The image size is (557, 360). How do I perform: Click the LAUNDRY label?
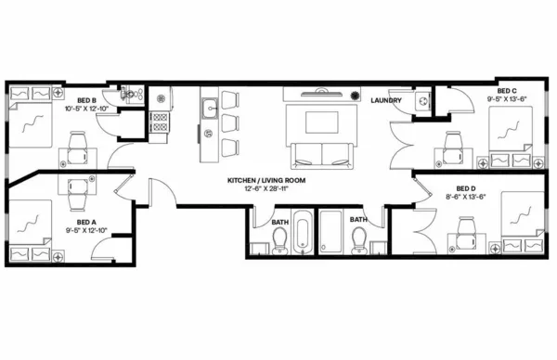tap(385, 99)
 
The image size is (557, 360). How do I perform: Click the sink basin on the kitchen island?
tap(212, 106)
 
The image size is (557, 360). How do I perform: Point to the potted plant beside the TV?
tap(354, 95)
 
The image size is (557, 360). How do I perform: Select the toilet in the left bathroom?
tap(278, 243)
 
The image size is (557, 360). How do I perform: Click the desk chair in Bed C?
tap(455, 141)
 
